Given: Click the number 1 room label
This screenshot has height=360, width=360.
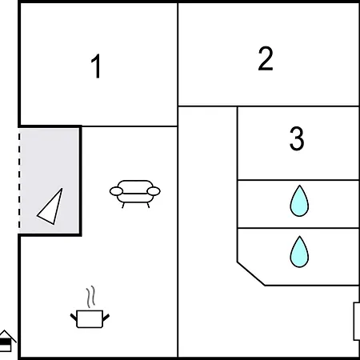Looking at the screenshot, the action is [x=96, y=66].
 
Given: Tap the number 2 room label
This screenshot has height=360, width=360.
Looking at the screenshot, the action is [x=266, y=58].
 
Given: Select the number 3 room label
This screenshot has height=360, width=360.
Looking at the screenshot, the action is [x=297, y=138].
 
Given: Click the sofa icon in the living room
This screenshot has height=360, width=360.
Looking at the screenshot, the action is [x=135, y=194].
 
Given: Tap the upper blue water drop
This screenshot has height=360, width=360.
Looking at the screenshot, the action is [x=299, y=201].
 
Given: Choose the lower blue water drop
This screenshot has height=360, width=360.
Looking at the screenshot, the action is [x=299, y=252].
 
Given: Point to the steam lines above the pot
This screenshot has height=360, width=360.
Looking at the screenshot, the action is [x=90, y=297].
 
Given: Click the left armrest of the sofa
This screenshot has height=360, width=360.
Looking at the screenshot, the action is [x=116, y=191].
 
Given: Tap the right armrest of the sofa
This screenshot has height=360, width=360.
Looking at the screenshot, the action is [x=154, y=191].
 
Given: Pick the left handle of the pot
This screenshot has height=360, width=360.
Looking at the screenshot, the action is [x=74, y=318].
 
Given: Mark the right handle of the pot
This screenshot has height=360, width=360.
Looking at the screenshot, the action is [x=106, y=318].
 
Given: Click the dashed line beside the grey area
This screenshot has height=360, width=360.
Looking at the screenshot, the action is [x=19, y=181].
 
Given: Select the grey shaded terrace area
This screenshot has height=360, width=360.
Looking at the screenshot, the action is [x=49, y=181].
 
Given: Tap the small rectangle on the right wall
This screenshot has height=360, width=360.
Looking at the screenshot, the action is [x=357, y=322].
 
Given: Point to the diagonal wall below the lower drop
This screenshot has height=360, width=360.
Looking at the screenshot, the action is [x=251, y=274].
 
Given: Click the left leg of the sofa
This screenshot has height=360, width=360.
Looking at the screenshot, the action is [x=123, y=206].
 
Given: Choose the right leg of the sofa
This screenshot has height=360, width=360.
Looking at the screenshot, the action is [x=148, y=206].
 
